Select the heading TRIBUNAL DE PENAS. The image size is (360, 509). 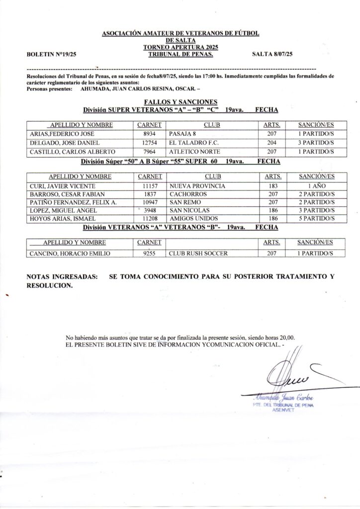[x=180, y=54]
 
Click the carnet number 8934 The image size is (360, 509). [x=150, y=134]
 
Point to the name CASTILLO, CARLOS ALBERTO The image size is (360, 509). [x=73, y=152]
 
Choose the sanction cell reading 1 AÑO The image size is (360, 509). [x=316, y=185]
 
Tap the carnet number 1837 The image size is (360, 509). [x=150, y=194]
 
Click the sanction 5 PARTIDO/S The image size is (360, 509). [x=316, y=219]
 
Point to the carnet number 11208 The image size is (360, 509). [x=150, y=219]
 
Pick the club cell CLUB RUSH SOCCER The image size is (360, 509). [x=198, y=253]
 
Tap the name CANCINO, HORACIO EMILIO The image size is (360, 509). [x=70, y=253]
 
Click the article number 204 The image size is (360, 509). [x=272, y=143]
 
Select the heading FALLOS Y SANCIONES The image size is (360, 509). [x=180, y=101]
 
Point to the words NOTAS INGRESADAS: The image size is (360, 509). [x=62, y=276]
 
